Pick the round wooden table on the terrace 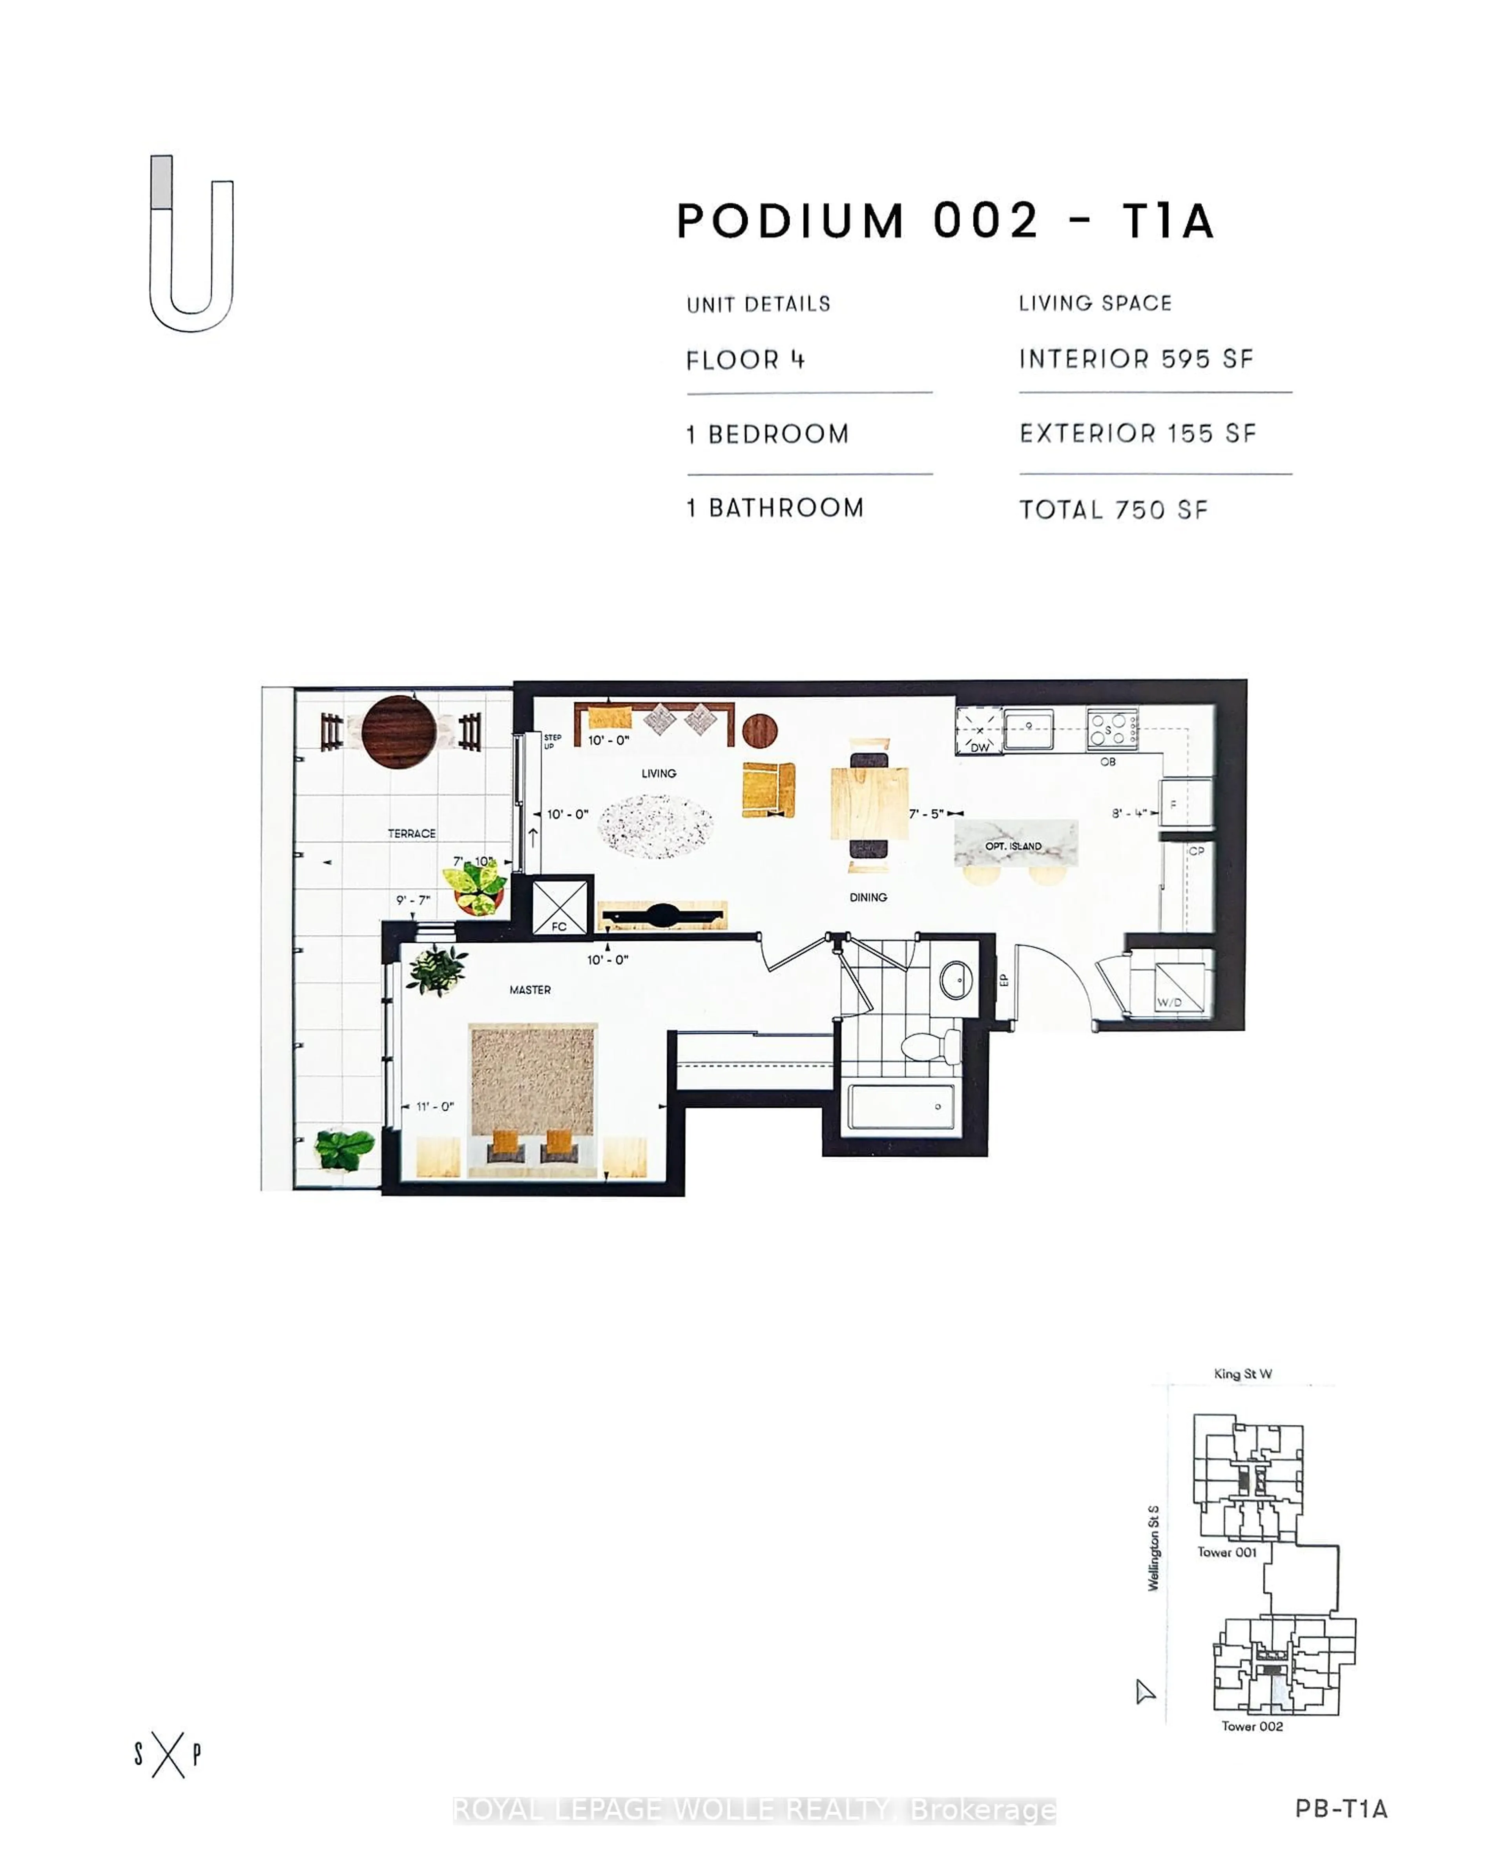coord(399,732)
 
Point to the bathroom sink coord(956,980)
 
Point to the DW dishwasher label coord(980,746)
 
